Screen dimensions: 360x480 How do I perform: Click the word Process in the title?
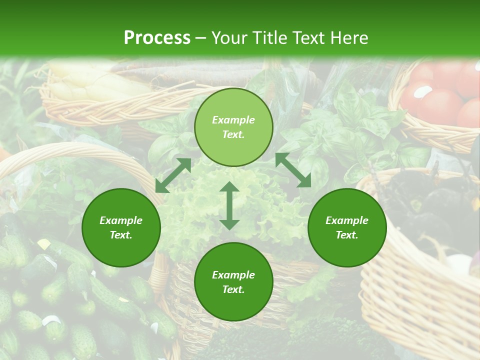157,38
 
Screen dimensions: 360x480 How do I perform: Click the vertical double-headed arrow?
229,205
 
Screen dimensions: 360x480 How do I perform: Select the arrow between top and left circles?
173,175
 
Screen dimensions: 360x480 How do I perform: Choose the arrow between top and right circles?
293,170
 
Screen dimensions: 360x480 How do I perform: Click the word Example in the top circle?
233,120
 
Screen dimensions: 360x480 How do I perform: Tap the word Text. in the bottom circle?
233,289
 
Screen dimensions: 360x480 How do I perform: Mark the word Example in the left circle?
121,220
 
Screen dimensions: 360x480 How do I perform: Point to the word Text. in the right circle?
347,235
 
